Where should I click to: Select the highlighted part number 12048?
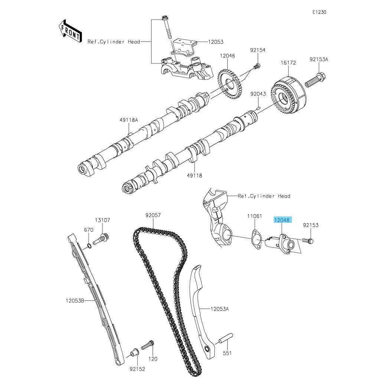(x=282, y=220)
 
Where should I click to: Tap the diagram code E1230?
(x=319, y=12)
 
